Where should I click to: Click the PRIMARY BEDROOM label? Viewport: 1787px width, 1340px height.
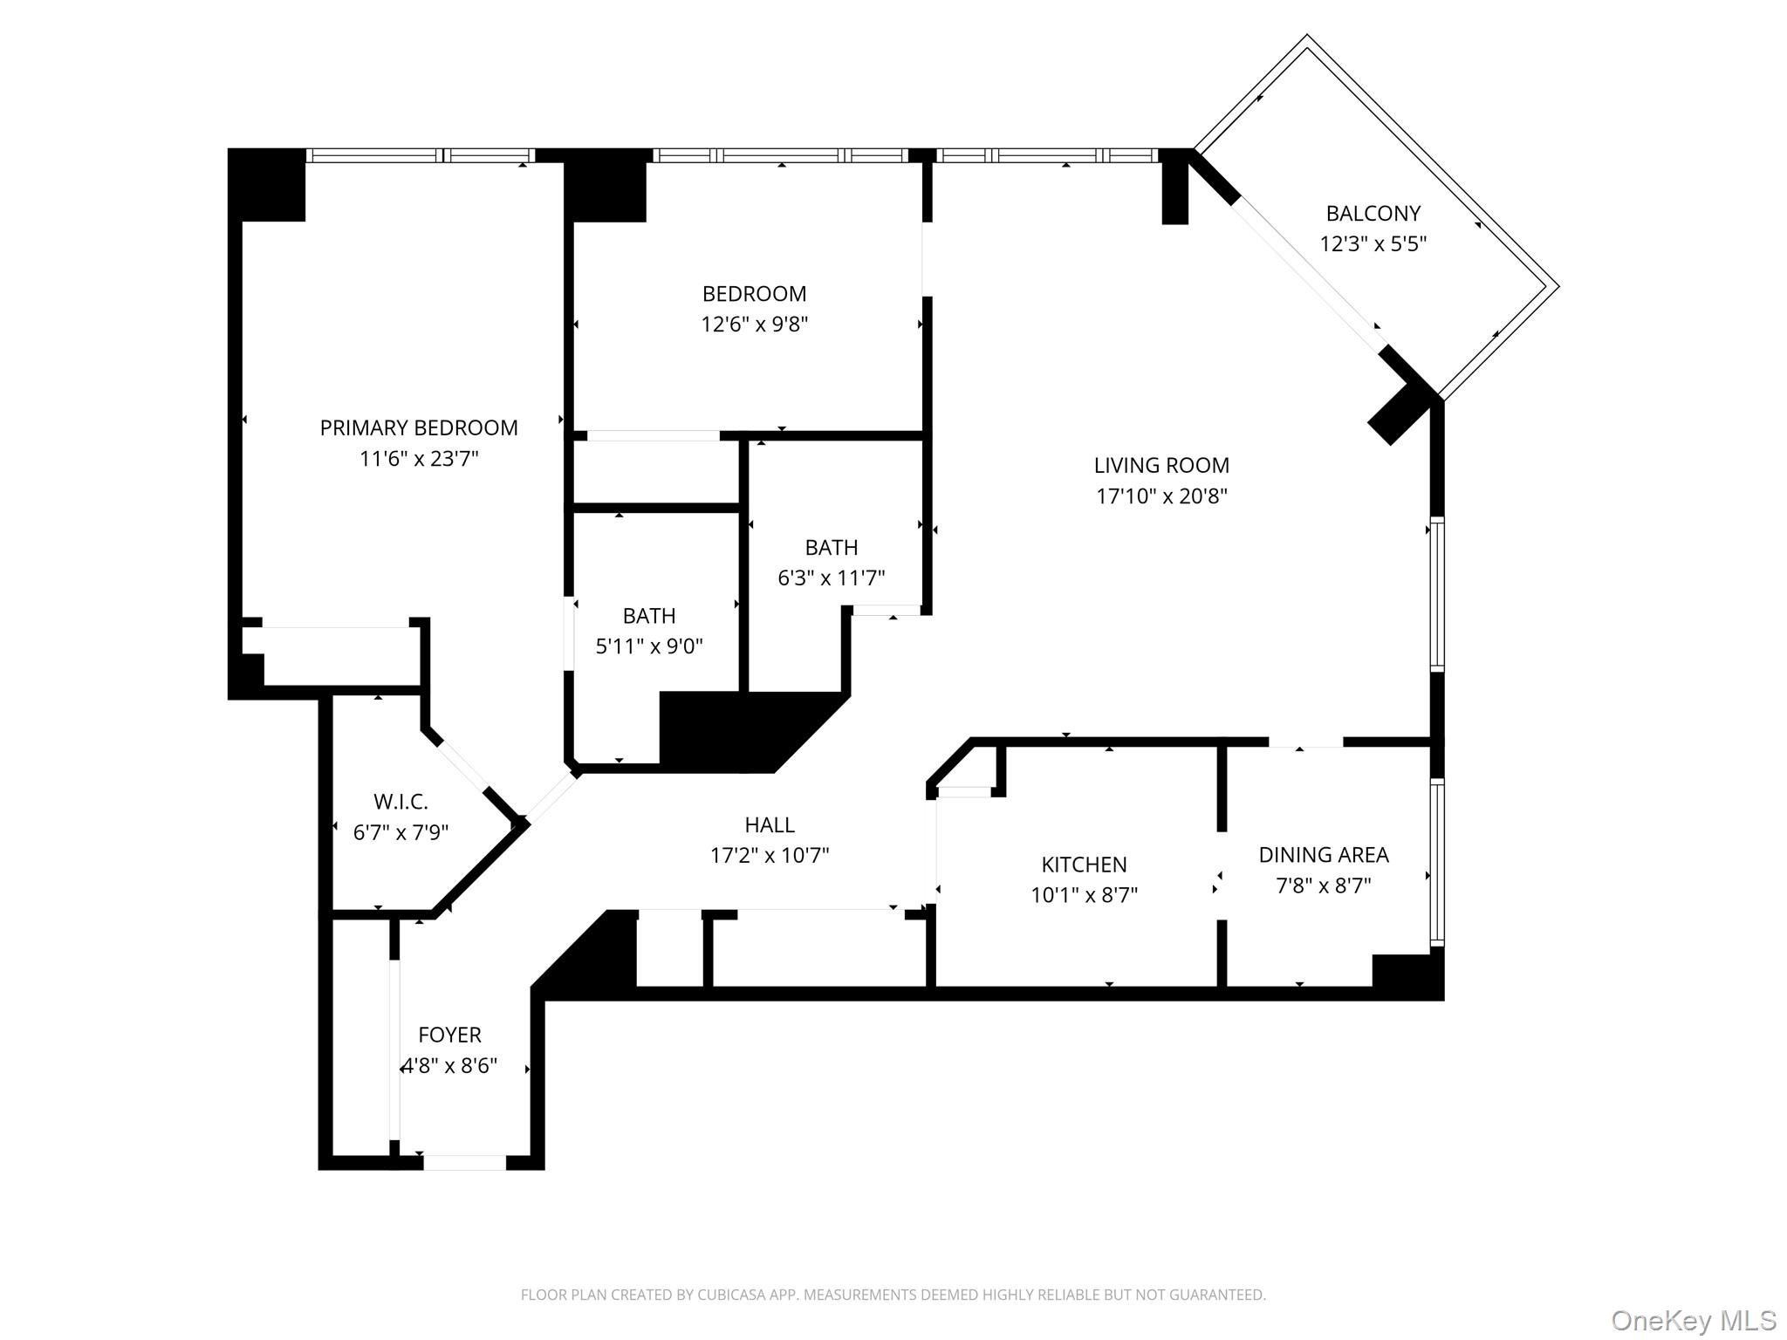click(x=419, y=427)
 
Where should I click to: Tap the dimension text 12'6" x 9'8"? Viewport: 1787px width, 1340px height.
click(x=754, y=325)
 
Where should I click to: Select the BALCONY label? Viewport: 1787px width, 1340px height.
click(x=1373, y=213)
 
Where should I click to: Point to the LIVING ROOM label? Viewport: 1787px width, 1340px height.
click(x=1161, y=465)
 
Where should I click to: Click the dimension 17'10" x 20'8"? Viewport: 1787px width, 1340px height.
click(x=1161, y=496)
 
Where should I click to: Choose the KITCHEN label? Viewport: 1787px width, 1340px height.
click(x=1084, y=865)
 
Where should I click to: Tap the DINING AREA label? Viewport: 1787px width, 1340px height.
click(x=1323, y=855)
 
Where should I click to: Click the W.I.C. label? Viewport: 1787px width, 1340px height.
click(x=401, y=801)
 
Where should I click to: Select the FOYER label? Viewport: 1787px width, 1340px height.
click(x=449, y=1035)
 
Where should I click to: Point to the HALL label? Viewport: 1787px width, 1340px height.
click(x=770, y=824)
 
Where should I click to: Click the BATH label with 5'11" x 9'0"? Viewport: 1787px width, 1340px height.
click(x=649, y=616)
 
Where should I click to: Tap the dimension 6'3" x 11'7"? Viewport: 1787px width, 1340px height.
click(x=831, y=578)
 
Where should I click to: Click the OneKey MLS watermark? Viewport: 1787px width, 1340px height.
click(x=1693, y=1321)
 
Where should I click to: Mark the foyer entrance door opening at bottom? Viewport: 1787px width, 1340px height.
click(x=464, y=1162)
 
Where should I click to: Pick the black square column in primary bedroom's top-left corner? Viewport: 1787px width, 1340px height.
click(x=267, y=185)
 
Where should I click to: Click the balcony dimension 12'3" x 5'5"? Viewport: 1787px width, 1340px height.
click(x=1373, y=243)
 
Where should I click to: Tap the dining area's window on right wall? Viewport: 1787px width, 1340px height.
click(x=1436, y=864)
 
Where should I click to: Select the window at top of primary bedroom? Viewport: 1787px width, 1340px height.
click(x=421, y=155)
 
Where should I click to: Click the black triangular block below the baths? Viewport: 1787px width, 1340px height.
click(x=742, y=731)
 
